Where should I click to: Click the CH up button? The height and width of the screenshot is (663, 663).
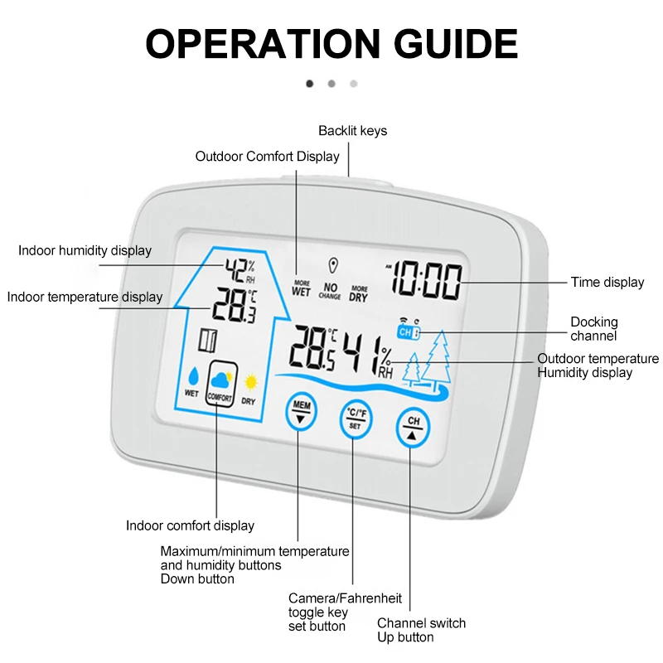[x=414, y=428]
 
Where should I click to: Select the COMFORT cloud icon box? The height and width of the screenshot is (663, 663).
[x=220, y=385]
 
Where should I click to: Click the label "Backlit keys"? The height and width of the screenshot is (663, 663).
[x=352, y=131]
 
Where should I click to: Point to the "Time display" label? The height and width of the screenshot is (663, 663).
[x=607, y=283]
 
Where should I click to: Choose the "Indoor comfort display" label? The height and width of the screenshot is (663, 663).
[x=190, y=525]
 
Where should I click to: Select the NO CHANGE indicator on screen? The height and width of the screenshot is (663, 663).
[x=330, y=290]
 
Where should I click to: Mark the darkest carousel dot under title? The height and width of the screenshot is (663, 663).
[x=310, y=84]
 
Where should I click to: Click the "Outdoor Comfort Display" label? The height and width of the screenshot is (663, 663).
[x=267, y=157]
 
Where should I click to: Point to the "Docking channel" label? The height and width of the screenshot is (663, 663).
[x=593, y=328]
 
